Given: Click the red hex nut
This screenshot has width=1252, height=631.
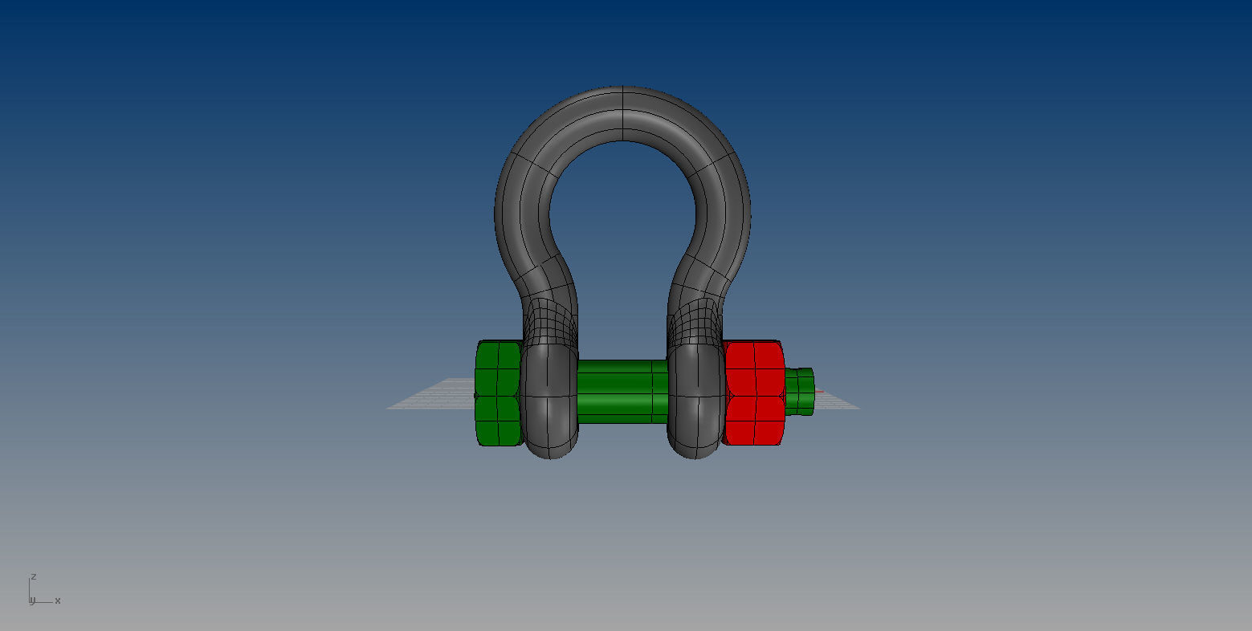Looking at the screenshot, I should [754, 393].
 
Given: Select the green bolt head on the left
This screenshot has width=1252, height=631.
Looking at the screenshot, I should [497, 393].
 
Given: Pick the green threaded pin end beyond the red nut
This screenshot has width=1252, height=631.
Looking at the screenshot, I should [800, 391].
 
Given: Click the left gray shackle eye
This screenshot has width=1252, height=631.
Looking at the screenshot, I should [549, 401].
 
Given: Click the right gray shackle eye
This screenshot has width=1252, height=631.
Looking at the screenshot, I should [695, 401].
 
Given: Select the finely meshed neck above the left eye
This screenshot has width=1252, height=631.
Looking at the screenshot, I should [550, 321].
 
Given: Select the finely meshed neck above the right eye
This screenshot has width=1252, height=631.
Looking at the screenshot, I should [695, 321].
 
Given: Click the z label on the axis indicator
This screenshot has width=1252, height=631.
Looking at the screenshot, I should [33, 576].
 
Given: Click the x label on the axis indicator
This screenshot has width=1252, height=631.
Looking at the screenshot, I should [58, 600].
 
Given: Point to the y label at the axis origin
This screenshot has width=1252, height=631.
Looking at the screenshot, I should [32, 601].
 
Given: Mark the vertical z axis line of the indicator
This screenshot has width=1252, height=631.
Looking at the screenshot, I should [30, 589].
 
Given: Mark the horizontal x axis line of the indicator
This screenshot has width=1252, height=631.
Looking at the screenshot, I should [43, 601].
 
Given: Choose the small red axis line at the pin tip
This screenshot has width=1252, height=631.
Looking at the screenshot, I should [819, 392].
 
